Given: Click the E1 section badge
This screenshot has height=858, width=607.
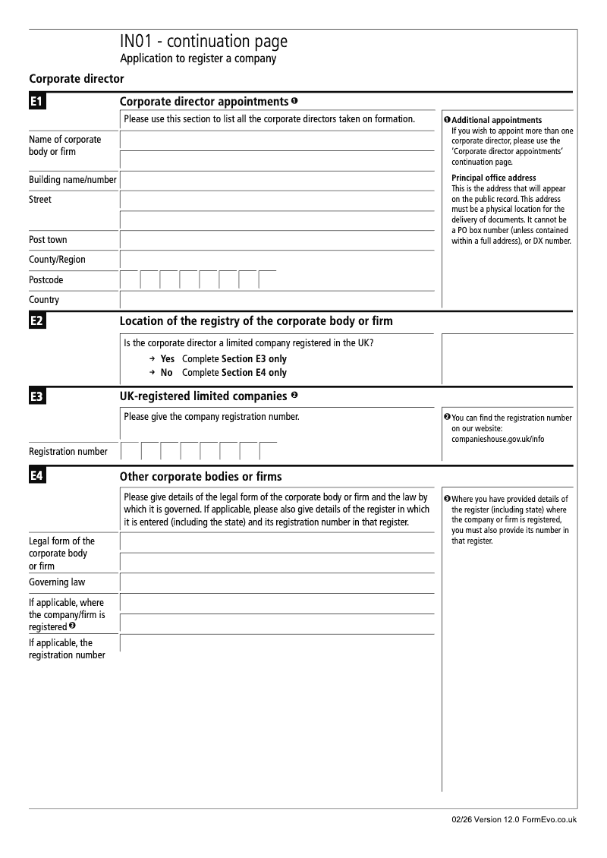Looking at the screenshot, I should click(37, 102).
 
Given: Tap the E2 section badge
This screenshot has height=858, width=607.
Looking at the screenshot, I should click(37, 321).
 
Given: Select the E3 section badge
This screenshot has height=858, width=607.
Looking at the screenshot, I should click(37, 396).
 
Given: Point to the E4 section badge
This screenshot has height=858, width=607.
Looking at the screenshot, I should click(37, 477).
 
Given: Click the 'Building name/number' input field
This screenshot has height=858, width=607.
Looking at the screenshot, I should click(277, 180).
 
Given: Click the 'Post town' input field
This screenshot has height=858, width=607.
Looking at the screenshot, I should click(277, 240).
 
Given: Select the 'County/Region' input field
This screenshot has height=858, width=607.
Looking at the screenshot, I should click(277, 260).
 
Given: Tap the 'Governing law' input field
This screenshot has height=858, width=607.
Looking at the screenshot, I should click(277, 583).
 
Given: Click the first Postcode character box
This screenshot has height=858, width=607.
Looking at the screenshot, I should click(130, 280).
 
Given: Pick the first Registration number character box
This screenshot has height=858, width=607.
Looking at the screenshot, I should click(131, 452).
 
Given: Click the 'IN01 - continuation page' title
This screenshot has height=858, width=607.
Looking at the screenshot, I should click(203, 42).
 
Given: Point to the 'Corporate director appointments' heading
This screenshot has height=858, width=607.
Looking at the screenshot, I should click(203, 102).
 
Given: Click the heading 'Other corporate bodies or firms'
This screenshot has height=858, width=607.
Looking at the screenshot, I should click(201, 477).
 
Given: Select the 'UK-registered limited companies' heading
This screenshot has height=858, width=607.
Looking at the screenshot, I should click(203, 396).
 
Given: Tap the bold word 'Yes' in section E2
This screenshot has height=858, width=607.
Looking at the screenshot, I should click(167, 359).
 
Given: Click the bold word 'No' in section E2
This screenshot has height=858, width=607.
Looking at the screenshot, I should click(166, 373).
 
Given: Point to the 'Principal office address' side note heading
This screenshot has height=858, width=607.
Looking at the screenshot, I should click(494, 178).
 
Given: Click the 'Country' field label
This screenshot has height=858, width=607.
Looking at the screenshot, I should click(44, 300).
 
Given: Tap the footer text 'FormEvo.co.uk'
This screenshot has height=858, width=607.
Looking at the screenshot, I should click(549, 820).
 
